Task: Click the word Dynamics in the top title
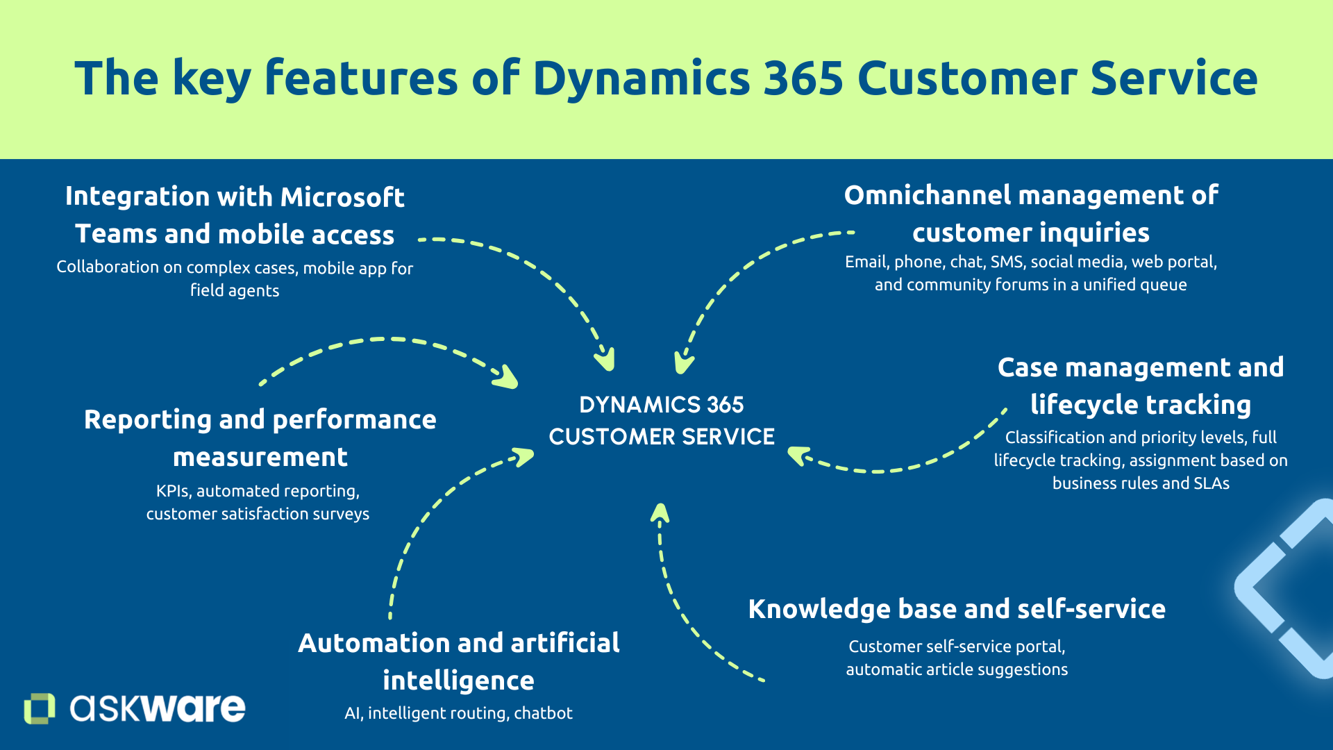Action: click(641, 78)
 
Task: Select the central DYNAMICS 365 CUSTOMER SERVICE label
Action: click(661, 421)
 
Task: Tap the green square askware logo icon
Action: click(39, 708)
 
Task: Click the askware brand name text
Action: click(158, 708)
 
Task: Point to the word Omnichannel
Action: click(928, 196)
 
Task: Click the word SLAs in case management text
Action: click(1212, 483)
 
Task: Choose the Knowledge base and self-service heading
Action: click(957, 609)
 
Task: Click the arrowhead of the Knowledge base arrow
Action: click(660, 512)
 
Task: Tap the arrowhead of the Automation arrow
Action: click(523, 456)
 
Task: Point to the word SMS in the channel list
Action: click(1007, 262)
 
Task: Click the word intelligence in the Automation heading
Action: click(458, 681)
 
